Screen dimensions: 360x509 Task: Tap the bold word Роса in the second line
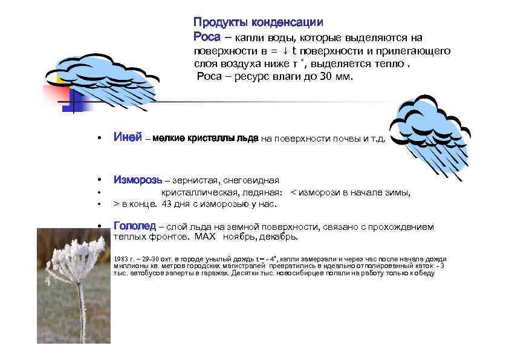tap(206, 36)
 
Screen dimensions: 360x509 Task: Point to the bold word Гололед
tap(135, 226)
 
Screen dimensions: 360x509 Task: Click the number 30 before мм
tap(330, 77)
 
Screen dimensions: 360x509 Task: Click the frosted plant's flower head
tap(75, 254)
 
